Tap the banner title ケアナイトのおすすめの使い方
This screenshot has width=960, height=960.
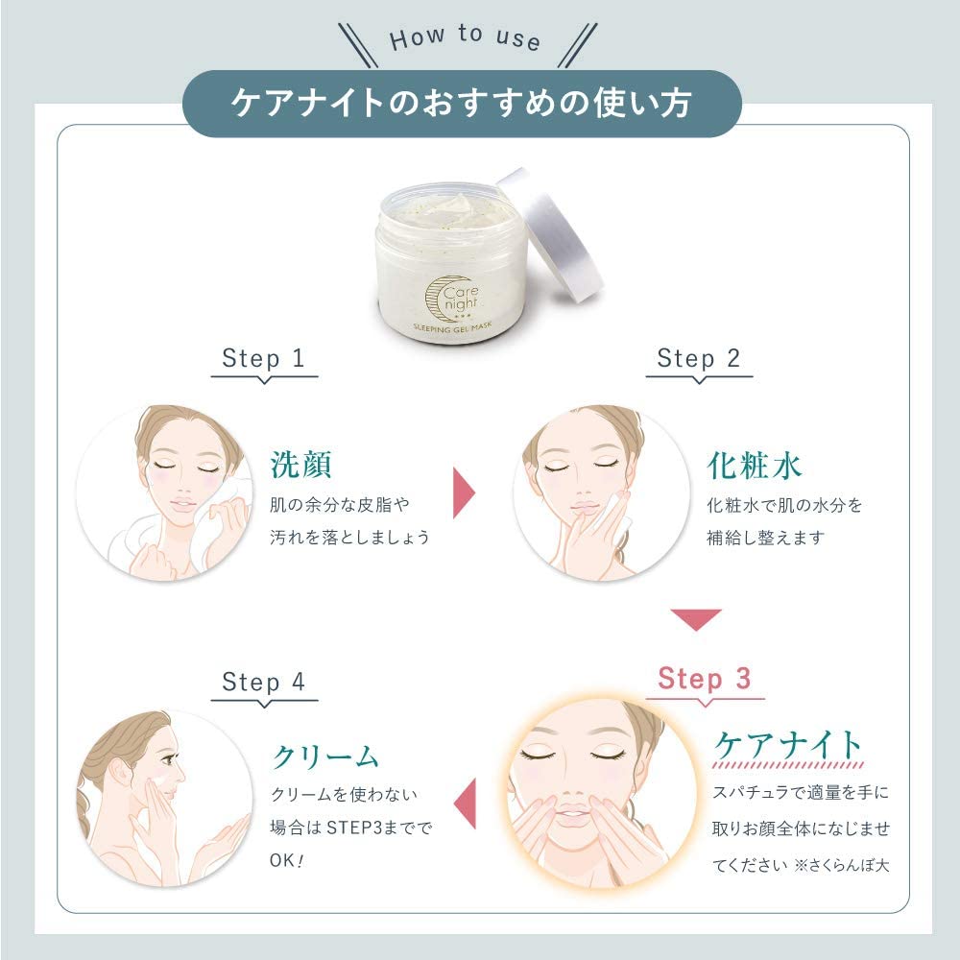pos(461,103)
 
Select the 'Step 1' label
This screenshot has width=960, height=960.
pos(263,359)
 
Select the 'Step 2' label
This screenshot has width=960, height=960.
pos(699,359)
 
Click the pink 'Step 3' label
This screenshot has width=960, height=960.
pos(704,680)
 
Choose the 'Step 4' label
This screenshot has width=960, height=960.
pos(263,683)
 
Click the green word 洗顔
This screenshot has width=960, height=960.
pos(300,466)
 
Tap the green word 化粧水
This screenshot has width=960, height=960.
pos(754,466)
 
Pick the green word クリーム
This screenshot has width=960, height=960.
pos(325,756)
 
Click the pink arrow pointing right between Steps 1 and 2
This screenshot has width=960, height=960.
pos(465,491)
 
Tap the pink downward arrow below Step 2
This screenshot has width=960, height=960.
pos(696,620)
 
